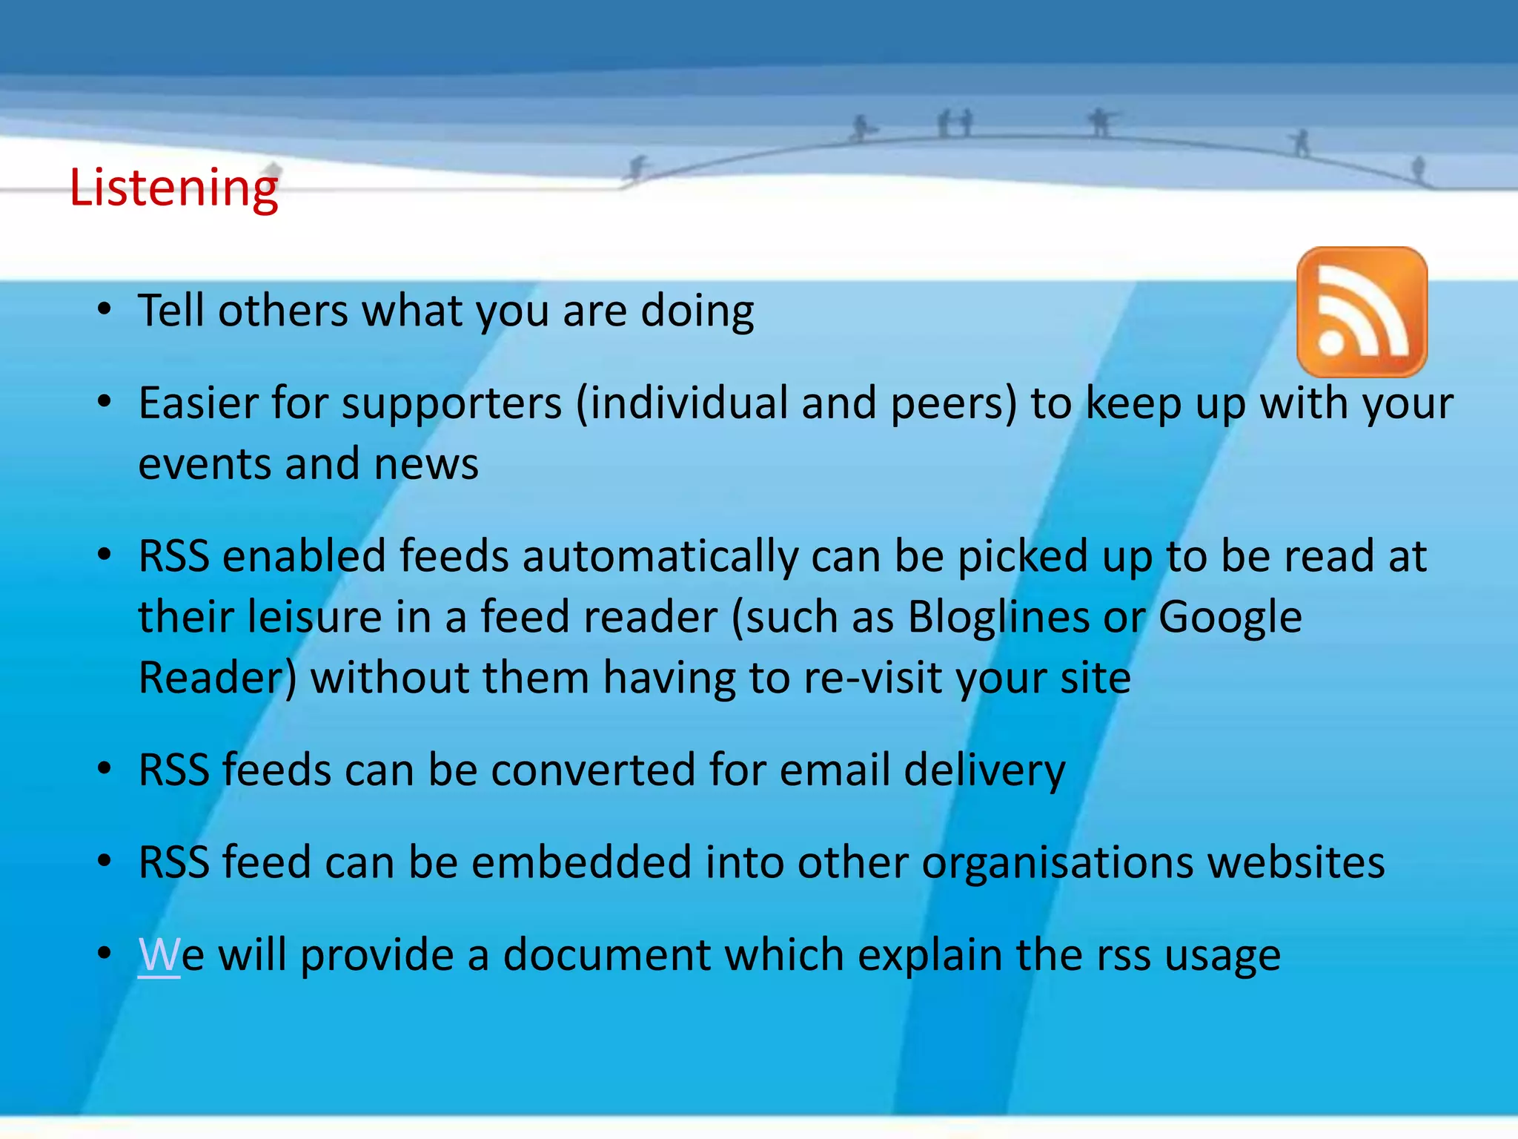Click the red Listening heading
173,188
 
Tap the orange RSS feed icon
1362,312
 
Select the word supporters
451,405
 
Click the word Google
1230,617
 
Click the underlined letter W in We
159,955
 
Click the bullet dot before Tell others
105,309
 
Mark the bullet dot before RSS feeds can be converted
105,769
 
